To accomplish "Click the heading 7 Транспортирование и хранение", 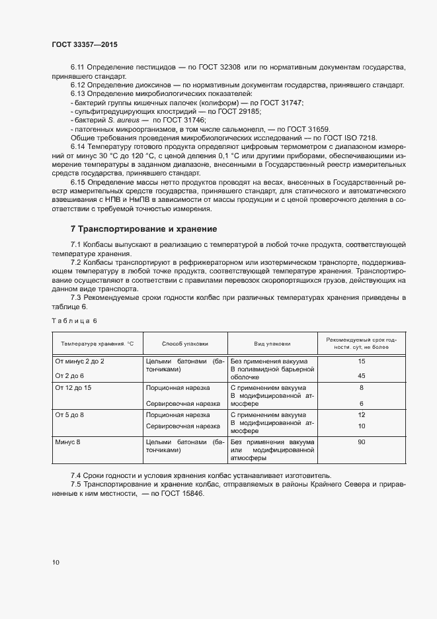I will pyautogui.click(x=143, y=229).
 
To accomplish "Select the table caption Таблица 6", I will pyautogui.click(x=74, y=320).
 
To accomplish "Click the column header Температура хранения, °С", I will pyautogui.click(x=97, y=344).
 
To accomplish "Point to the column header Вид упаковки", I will pyautogui.click(x=272, y=344).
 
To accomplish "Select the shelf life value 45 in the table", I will pyautogui.click(x=361, y=375).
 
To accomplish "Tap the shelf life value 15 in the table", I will pyautogui.click(x=361, y=361).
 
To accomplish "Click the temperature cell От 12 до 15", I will pyautogui.click(x=73, y=387).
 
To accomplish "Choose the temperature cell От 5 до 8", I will pyautogui.click(x=69, y=414).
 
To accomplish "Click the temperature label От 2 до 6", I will pyautogui.click(x=69, y=375).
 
